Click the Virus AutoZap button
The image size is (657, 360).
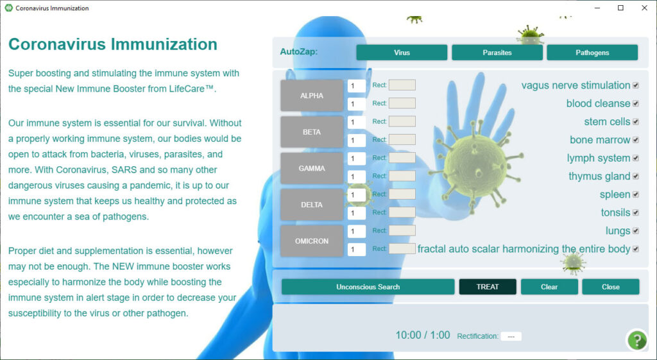402,53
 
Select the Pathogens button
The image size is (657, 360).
592,53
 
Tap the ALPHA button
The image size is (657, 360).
312,96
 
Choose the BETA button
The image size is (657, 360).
312,132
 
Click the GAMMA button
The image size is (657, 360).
312,169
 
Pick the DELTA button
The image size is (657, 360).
312,205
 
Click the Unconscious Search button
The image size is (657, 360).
368,287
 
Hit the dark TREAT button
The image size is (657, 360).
488,287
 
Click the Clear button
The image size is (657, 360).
549,287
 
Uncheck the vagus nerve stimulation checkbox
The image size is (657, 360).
636,85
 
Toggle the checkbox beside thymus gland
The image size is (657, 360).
636,176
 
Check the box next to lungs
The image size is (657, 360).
636,231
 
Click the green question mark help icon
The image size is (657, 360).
637,340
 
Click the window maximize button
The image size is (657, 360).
620,8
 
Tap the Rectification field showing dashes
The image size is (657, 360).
511,336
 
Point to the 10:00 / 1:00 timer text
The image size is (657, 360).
423,335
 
